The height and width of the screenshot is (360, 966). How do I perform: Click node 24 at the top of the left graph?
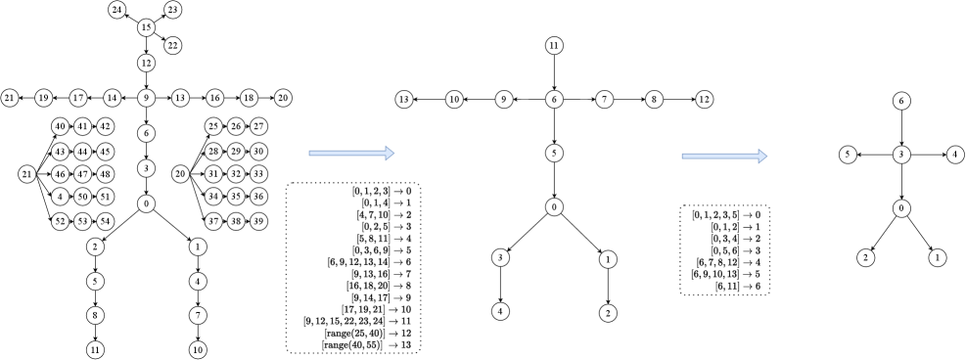click(117, 10)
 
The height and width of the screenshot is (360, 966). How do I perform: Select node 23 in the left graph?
click(173, 10)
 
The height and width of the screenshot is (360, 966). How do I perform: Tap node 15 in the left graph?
click(146, 27)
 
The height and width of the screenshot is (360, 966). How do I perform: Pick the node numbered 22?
click(173, 45)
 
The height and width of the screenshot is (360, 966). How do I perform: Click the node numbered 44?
click(82, 152)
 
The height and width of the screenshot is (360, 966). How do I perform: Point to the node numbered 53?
click(82, 221)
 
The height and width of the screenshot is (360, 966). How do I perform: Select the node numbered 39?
click(258, 221)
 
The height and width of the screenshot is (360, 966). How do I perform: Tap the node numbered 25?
click(213, 126)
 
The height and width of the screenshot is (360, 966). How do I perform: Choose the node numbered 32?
click(236, 174)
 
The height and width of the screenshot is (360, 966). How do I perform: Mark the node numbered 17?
click(78, 98)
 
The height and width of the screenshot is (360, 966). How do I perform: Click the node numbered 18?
click(249, 98)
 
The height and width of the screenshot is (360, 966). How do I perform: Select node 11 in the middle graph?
click(554, 45)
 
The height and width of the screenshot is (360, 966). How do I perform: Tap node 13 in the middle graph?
click(404, 99)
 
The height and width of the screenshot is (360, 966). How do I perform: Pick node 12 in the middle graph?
click(704, 99)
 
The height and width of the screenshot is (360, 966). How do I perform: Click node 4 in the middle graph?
click(500, 311)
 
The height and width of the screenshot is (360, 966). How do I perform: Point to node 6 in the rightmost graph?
click(901, 101)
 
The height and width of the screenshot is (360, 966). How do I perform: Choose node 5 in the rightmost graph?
click(848, 154)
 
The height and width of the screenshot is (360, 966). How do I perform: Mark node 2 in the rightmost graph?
click(865, 257)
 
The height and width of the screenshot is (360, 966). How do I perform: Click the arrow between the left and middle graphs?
click(351, 153)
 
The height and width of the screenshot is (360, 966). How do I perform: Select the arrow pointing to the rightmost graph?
click(724, 155)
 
